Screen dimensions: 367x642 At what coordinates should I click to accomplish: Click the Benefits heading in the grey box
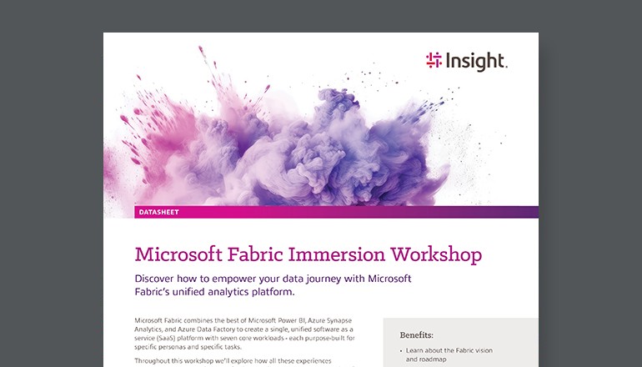417,335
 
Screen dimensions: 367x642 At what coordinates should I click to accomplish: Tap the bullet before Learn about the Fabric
402,351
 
